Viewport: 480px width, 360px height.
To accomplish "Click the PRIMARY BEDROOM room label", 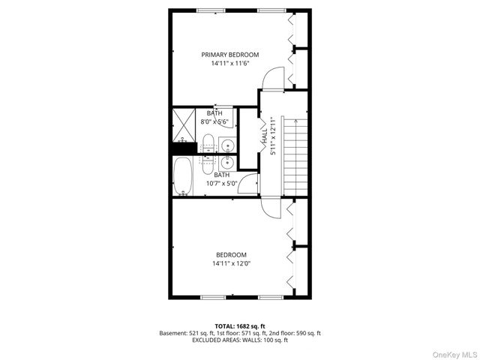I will [229, 55].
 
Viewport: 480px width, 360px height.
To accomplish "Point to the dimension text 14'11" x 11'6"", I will [229, 64].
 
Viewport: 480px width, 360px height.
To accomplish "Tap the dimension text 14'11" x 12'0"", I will [231, 263].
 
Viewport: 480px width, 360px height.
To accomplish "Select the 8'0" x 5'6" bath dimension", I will [214, 121].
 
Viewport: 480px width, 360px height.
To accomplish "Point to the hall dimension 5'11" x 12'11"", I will [274, 134].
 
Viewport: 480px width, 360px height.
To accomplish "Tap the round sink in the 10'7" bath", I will [226, 161].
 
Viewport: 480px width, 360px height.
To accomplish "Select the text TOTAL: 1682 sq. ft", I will [239, 326].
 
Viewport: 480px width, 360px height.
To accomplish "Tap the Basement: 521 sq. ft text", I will [185, 333].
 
